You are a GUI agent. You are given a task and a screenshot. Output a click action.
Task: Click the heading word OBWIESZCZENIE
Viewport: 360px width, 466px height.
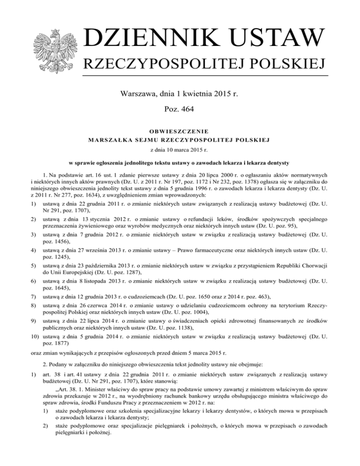[180, 131]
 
